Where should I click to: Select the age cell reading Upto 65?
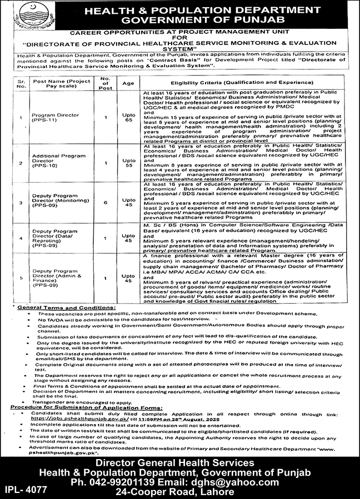[129, 117]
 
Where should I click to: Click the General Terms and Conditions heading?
[66, 307]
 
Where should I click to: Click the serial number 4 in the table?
[22, 238]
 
